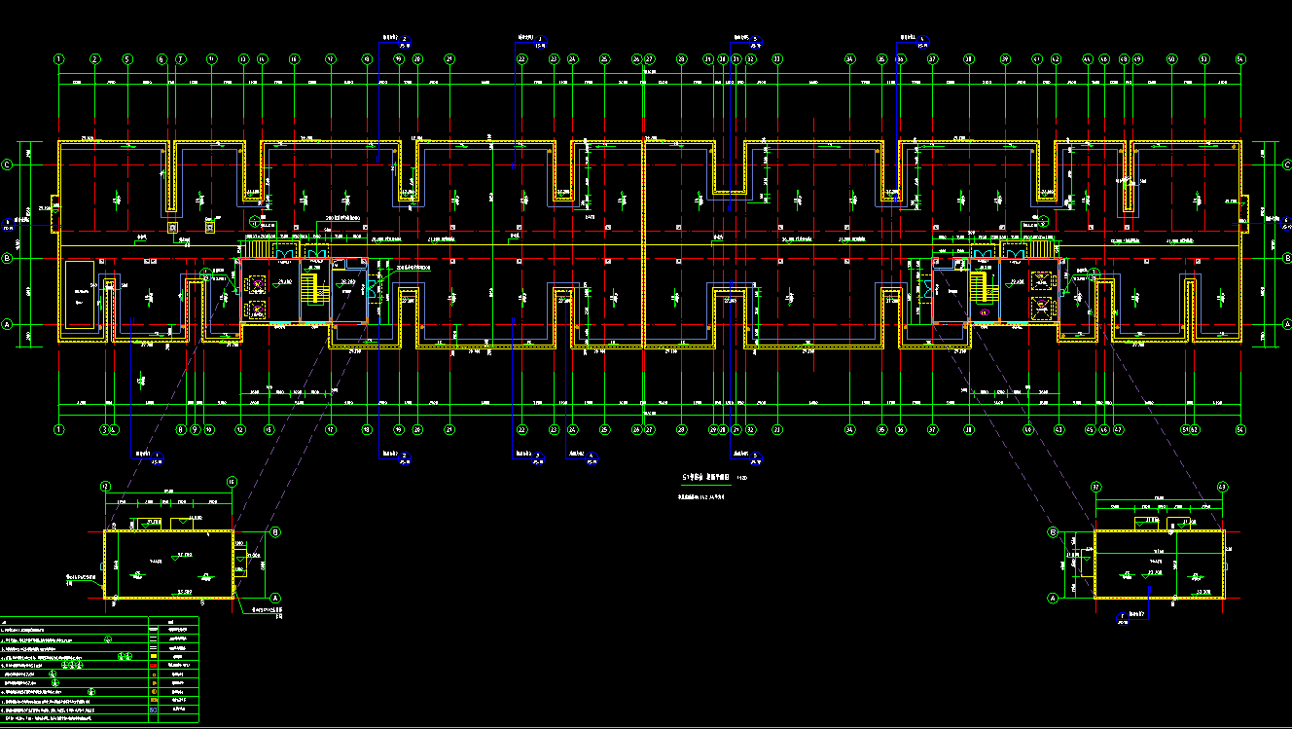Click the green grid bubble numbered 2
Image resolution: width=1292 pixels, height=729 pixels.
94,59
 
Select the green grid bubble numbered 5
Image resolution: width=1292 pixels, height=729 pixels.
126,59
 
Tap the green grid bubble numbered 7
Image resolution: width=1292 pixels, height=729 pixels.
180,59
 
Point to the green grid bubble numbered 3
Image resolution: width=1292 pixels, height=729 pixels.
105,428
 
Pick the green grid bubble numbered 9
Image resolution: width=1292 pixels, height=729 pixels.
194,428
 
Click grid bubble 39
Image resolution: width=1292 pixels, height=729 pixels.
1004,59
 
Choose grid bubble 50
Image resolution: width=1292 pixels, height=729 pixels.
1171,59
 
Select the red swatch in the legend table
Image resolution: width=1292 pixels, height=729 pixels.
153,665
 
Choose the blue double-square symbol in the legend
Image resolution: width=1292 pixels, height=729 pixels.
153,710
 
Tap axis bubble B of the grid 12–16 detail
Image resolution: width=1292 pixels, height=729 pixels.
275,532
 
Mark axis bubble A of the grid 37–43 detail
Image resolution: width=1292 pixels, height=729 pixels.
1053,598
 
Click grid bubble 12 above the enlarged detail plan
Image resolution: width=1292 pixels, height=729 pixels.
105,484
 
